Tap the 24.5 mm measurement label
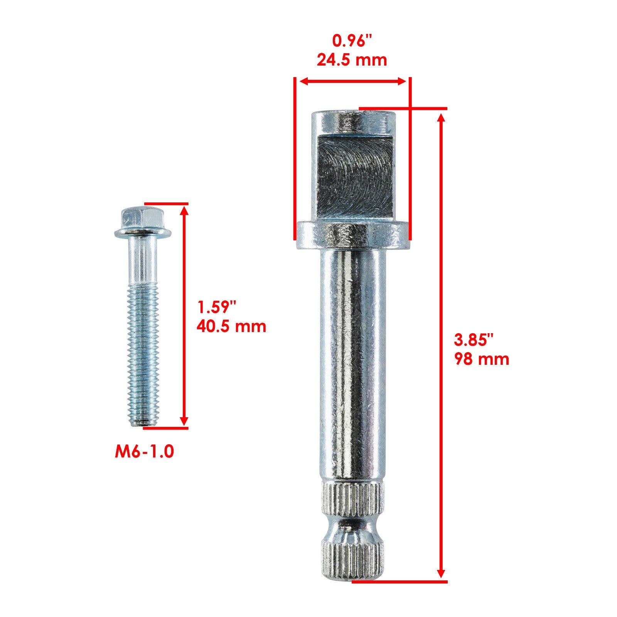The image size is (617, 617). pyautogui.click(x=352, y=60)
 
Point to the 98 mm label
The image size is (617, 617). pyautogui.click(x=482, y=359)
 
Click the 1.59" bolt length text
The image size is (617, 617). pyautogui.click(x=216, y=308)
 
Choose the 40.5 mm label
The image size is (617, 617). pyautogui.click(x=231, y=327)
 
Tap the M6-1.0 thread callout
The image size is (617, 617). pyautogui.click(x=145, y=452)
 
